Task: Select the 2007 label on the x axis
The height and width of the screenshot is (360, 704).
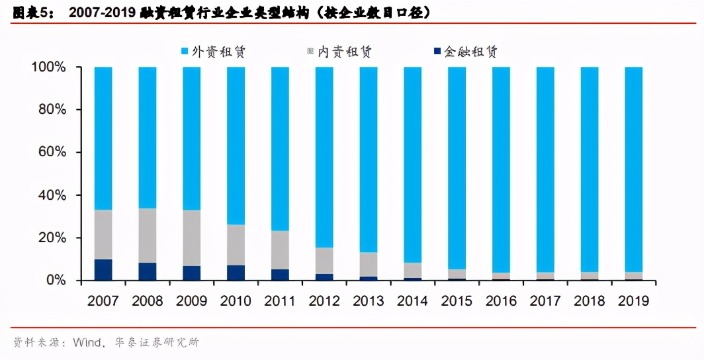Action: [103, 300]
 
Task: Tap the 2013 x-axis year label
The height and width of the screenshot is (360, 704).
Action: [369, 300]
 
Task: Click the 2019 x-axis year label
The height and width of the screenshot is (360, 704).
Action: [634, 300]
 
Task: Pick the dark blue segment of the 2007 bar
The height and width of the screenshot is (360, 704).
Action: [103, 270]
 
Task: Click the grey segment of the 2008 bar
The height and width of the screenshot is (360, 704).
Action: [148, 236]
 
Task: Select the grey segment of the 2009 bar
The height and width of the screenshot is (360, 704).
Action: [192, 238]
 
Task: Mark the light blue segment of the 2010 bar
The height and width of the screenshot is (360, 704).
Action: [236, 146]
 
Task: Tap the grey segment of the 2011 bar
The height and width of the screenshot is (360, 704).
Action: [280, 250]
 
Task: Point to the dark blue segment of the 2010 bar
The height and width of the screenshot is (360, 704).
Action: [236, 273]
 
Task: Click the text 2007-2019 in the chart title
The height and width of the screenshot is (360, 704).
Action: [103, 13]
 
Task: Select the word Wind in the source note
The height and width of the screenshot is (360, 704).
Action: [85, 342]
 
